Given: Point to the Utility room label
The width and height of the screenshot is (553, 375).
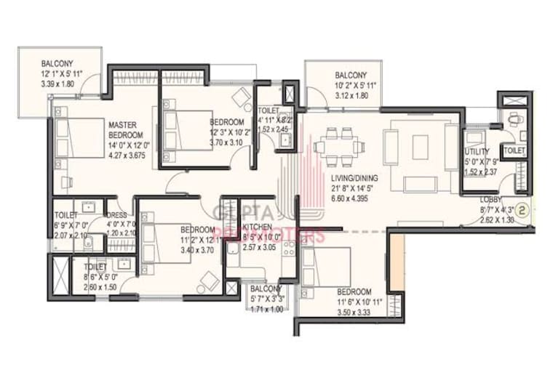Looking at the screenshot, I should pos(477,152).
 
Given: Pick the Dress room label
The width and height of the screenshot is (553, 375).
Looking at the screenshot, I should pos(117,216).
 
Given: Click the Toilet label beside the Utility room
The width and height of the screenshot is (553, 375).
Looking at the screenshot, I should pos(514,150).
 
